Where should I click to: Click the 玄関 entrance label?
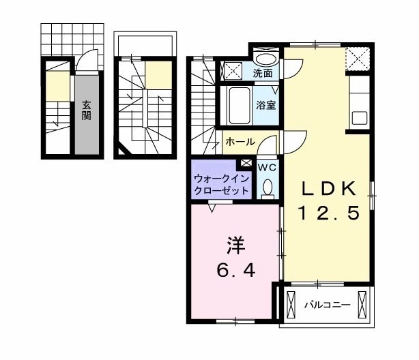(x=87, y=110)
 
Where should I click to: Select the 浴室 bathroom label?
(x=265, y=105)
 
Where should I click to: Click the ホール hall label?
(x=240, y=142)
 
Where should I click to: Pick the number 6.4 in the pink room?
(x=235, y=271)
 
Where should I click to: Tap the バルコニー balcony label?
(x=327, y=305)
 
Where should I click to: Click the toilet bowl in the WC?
(x=268, y=187)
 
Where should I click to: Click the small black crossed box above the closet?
(x=246, y=163)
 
